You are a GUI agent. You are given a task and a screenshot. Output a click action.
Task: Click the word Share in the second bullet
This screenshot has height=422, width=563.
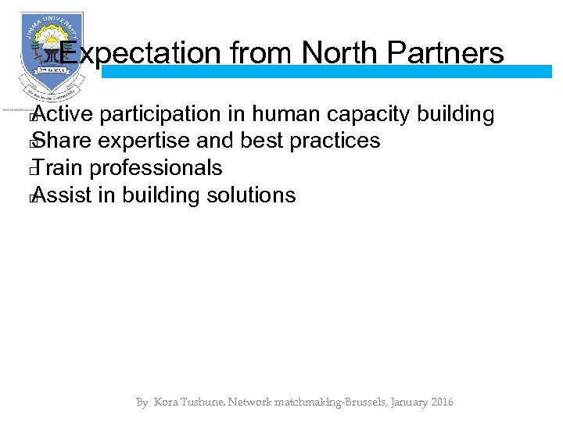tap(62, 141)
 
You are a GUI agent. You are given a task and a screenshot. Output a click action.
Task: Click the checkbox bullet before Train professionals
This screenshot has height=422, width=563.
tap(32, 170)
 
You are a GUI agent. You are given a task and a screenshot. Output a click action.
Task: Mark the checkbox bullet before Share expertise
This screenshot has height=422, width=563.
tap(32, 144)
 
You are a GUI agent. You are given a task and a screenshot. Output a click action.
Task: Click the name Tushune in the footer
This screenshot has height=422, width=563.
tap(206, 402)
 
